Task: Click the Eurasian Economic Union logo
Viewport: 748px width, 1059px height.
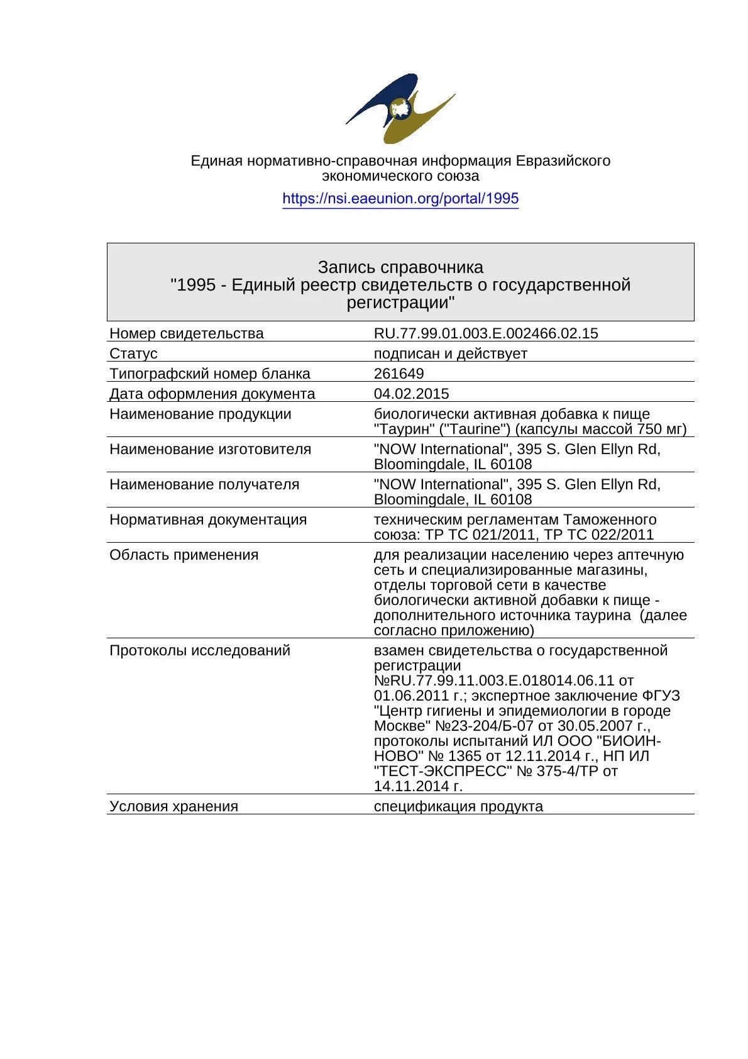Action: [400, 108]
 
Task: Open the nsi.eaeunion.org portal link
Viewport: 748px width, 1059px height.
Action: [400, 199]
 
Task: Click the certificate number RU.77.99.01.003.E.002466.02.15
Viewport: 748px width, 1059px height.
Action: [486, 333]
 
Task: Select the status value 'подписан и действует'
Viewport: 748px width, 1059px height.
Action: [450, 353]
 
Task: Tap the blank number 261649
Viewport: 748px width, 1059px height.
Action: [399, 374]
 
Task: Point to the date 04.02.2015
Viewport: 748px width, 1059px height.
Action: [411, 394]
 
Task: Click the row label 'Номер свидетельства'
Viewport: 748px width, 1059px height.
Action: [187, 333]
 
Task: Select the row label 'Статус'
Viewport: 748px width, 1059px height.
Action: [133, 353]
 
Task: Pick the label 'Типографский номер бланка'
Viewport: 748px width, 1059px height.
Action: [210, 374]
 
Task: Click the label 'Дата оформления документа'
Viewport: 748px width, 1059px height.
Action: [212, 394]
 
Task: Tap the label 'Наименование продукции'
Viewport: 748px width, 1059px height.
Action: [201, 414]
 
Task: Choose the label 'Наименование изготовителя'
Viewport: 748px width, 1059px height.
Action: [211, 449]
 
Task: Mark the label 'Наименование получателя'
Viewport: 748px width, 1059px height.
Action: [204, 484]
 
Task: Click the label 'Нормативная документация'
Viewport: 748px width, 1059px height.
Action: [208, 519]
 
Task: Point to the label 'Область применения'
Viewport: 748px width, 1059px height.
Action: [184, 555]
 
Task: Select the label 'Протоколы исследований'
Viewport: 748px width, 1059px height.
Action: [200, 650]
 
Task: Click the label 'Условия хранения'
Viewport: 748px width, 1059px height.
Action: [174, 806]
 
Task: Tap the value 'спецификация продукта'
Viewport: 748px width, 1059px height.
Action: [458, 806]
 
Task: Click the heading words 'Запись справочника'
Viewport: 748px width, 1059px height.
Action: [400, 267]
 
